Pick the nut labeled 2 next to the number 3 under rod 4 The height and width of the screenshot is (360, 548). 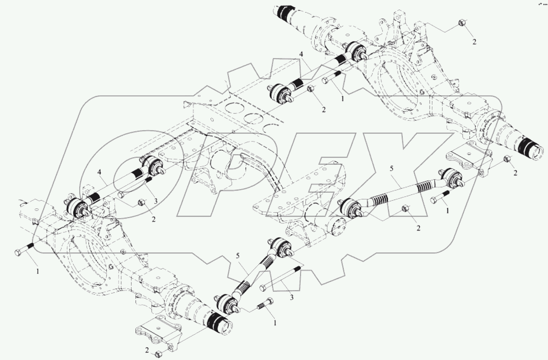click(142, 203)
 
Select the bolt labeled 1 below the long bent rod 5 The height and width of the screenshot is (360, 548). click(440, 197)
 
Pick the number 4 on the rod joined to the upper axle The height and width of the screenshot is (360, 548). click(301, 55)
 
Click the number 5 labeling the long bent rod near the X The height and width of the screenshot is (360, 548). click(392, 169)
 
